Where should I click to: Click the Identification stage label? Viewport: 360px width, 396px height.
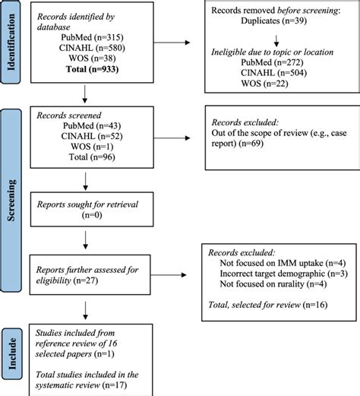[11, 42]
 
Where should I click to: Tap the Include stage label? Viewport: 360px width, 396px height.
[12, 353]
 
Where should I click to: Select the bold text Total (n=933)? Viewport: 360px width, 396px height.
[92, 69]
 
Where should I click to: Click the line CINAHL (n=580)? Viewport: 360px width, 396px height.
[92, 48]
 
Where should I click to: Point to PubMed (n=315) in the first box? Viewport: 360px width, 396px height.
[92, 37]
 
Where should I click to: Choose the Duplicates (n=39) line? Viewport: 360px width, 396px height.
[273, 21]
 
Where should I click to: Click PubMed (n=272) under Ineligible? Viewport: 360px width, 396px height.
[272, 62]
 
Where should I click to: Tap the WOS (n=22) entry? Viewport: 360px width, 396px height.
[264, 84]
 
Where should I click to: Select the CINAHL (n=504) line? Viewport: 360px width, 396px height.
[273, 73]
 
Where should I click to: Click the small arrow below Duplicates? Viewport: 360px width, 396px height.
[276, 41]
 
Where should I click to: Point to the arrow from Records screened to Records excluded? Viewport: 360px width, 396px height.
[172, 138]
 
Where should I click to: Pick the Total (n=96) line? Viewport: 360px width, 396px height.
[92, 157]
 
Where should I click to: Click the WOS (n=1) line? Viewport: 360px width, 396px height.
[92, 147]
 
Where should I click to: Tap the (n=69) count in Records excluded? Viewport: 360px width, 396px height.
[251, 144]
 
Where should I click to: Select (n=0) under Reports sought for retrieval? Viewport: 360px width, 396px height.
[92, 215]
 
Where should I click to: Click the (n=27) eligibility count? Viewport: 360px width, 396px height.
[85, 280]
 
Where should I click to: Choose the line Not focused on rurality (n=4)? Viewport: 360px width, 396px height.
[273, 284]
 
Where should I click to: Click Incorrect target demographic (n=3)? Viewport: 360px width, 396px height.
[284, 274]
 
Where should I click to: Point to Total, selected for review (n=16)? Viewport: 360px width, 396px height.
[268, 305]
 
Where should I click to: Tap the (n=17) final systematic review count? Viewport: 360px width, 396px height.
[115, 385]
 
